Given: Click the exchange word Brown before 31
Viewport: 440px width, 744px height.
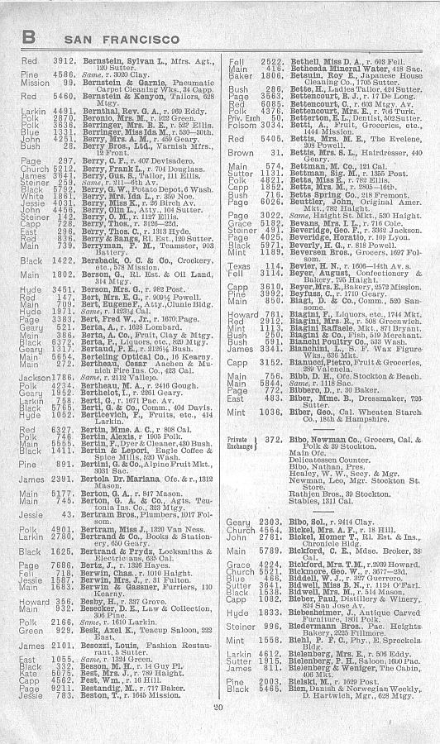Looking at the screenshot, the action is tap(241, 153).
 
